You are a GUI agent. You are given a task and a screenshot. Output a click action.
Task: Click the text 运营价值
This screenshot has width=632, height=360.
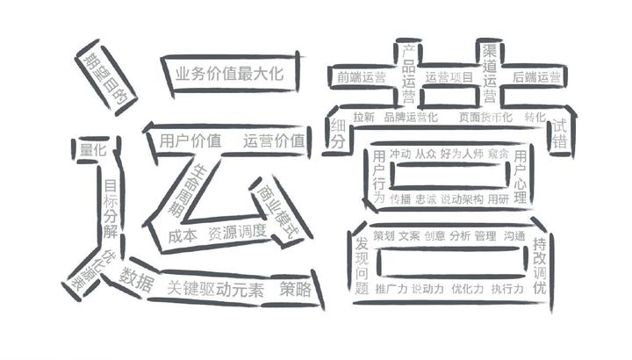[x=274, y=140]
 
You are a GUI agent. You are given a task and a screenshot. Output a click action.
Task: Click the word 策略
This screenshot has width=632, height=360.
[x=296, y=289]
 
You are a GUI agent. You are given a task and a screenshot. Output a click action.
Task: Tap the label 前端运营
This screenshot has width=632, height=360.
[x=361, y=77]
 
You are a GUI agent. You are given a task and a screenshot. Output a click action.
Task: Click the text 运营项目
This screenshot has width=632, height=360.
[x=449, y=77]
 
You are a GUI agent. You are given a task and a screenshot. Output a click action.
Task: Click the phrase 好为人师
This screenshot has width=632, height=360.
[x=462, y=155]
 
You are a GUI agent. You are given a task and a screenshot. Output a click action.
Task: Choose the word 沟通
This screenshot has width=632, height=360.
[x=515, y=236]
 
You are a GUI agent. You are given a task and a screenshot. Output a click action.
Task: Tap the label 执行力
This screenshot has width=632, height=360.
[x=507, y=288]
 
